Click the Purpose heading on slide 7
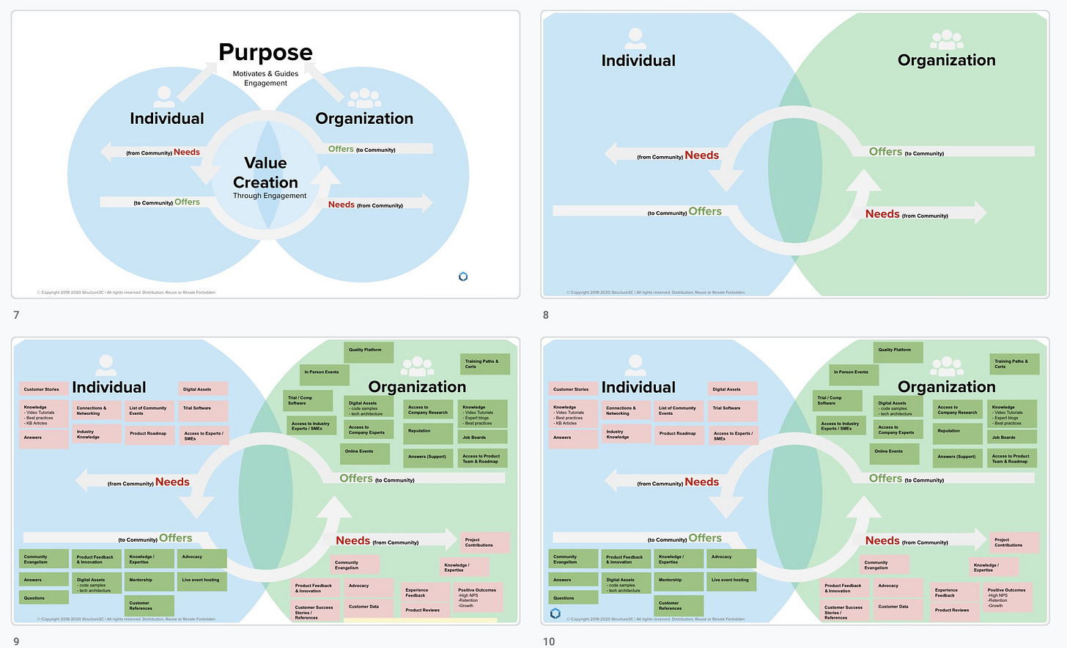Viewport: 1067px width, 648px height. pyautogui.click(x=265, y=53)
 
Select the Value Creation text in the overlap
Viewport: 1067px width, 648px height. pyautogui.click(x=265, y=173)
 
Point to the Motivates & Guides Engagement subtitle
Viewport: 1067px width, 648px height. pyautogui.click(x=265, y=78)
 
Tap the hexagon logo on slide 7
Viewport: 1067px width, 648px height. pyautogui.click(x=463, y=276)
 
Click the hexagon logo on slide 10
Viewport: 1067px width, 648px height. pyautogui.click(x=555, y=614)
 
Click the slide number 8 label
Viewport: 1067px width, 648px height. pyautogui.click(x=545, y=315)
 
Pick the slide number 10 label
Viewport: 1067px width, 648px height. pyautogui.click(x=549, y=641)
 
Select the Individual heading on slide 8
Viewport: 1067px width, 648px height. pyautogui.click(x=638, y=61)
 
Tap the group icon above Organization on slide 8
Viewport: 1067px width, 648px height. pyautogui.click(x=946, y=40)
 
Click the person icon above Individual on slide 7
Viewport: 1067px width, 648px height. pyautogui.click(x=165, y=96)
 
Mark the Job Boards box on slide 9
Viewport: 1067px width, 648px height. pyautogui.click(x=481, y=438)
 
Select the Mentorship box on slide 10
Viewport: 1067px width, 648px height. pyautogui.click(x=677, y=580)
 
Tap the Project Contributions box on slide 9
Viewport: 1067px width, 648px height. pyautogui.click(x=484, y=542)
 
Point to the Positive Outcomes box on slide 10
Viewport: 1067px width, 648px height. pyautogui.click(x=1010, y=598)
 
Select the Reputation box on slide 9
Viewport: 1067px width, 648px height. pyautogui.click(x=427, y=432)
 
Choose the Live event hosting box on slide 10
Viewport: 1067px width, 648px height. pyautogui.click(x=732, y=580)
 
